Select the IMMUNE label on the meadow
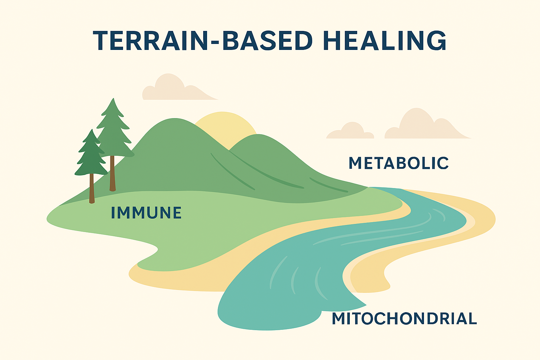point(146,213)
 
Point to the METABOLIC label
point(399,163)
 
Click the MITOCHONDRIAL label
point(404,319)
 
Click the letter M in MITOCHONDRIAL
point(340,319)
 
